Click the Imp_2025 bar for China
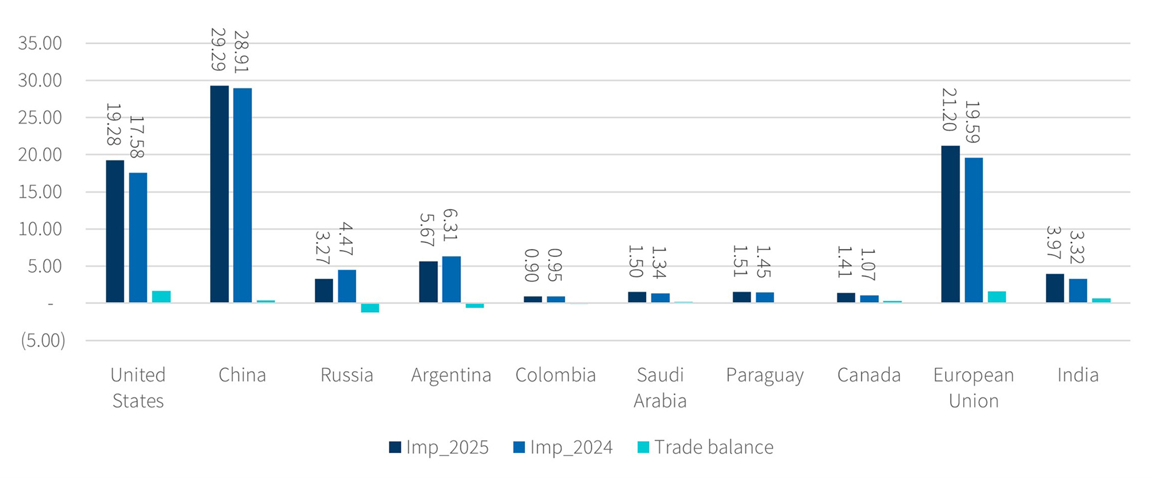point(219,194)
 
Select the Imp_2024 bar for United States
point(138,237)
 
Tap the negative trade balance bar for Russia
point(370,308)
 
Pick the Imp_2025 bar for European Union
point(950,224)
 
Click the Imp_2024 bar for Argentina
point(451,279)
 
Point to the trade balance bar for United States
point(161,297)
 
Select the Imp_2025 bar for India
point(1055,288)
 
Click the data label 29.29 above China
point(218,50)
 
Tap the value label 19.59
point(973,122)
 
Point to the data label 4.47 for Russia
point(346,239)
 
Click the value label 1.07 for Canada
point(869,264)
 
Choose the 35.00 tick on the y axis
point(40,43)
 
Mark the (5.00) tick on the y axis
point(43,341)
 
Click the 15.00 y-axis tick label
point(40,192)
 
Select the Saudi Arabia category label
point(660,387)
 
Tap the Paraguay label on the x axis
point(765,375)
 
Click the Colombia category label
point(555,375)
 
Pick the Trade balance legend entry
point(705,447)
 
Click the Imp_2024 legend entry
point(562,447)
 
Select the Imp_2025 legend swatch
point(395,447)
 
